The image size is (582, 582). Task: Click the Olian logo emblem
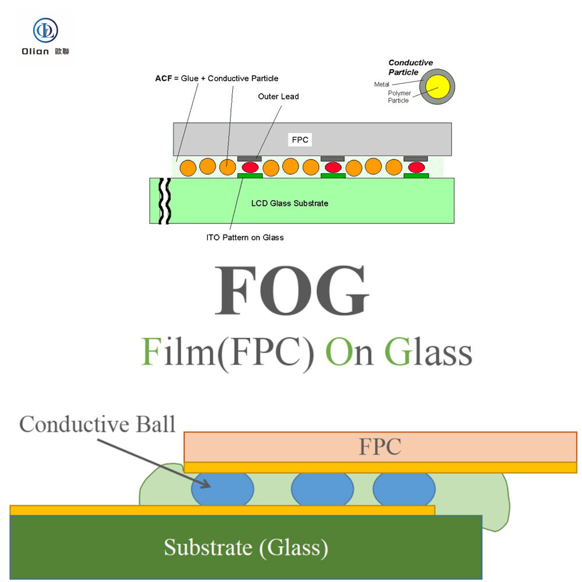tap(45, 30)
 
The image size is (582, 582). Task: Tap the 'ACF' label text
tap(164, 79)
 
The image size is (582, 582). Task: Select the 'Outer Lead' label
tap(278, 97)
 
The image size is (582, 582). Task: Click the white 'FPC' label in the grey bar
tap(300, 140)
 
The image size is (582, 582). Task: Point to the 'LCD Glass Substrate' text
tap(289, 203)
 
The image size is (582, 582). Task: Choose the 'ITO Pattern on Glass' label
tap(245, 237)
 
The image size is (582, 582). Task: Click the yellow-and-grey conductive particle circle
tap(437, 87)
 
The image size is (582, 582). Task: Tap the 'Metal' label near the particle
tap(382, 84)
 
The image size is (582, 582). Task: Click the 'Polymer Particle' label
tap(399, 97)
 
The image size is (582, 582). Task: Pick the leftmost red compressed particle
tap(250, 167)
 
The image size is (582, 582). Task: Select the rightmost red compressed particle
tap(416, 167)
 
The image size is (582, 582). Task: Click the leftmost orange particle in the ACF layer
tap(188, 168)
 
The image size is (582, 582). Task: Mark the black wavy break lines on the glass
tap(165, 201)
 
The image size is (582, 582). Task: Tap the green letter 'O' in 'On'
tap(338, 352)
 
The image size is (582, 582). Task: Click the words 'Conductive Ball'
tap(97, 424)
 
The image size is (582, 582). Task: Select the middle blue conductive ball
tap(322, 489)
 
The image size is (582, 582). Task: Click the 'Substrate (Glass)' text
tap(246, 548)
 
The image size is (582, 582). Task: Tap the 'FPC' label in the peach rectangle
tap(380, 446)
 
